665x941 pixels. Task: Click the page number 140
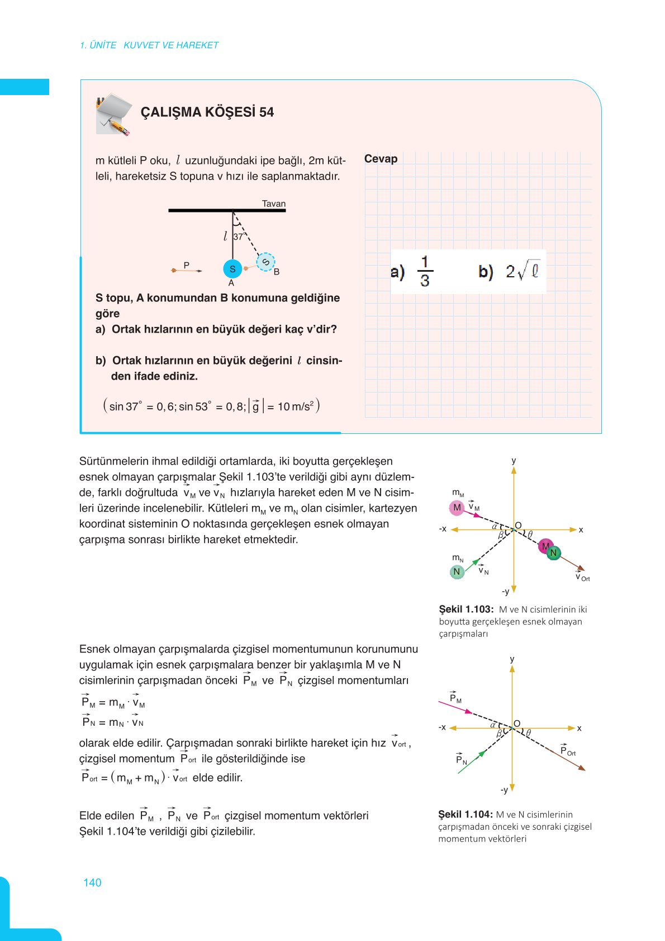(x=92, y=882)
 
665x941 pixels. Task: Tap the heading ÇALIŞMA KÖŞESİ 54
(x=207, y=112)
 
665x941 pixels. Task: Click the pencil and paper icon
(x=114, y=115)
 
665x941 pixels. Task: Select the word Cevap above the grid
(x=381, y=159)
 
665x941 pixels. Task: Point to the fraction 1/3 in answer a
(x=425, y=271)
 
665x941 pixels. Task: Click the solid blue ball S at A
(x=232, y=269)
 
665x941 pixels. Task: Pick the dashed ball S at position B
(x=266, y=262)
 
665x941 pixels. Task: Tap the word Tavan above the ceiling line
(x=274, y=204)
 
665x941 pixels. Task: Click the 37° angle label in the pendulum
(x=239, y=237)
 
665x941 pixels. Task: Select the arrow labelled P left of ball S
(x=187, y=269)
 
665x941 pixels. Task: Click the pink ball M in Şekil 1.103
(x=457, y=508)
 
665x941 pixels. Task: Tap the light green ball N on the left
(x=457, y=571)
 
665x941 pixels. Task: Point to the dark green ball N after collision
(x=553, y=553)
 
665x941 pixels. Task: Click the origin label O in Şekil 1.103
(x=518, y=525)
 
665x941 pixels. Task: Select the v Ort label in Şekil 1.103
(x=582, y=577)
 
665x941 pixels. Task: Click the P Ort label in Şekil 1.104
(x=567, y=751)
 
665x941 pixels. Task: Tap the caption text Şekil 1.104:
(x=465, y=815)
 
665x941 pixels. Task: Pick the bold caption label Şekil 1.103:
(x=466, y=609)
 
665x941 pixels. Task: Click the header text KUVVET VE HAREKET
(x=171, y=45)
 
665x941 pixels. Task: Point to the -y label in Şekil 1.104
(x=504, y=790)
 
